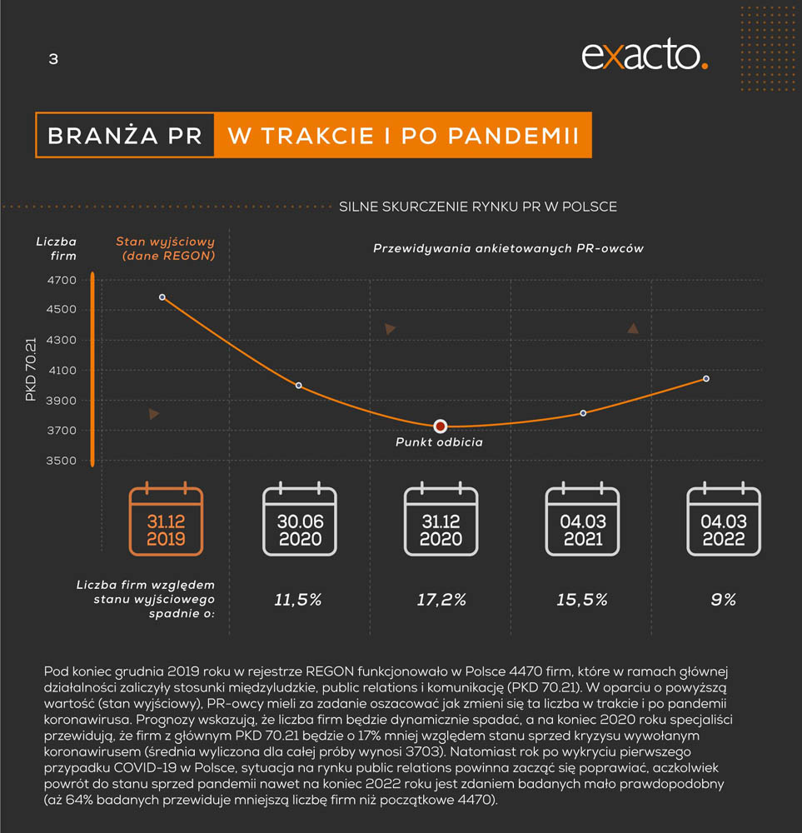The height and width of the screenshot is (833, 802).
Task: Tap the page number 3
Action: coord(53,59)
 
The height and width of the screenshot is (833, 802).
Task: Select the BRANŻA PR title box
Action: coord(125,136)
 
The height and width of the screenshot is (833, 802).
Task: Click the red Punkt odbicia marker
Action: coord(441,426)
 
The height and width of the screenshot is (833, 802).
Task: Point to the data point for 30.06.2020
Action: coord(299,386)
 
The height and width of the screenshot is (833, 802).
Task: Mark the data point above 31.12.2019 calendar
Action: coord(162,297)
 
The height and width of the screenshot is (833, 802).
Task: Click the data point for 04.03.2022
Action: coord(706,379)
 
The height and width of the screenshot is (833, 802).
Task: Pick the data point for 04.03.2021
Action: coord(583,413)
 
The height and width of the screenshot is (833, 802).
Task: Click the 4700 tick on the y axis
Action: coord(62,281)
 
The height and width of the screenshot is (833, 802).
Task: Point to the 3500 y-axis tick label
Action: coord(62,461)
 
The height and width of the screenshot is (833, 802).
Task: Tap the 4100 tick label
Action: coord(62,371)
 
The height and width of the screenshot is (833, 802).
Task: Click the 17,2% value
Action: coord(441,600)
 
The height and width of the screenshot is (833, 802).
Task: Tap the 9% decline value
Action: coord(723,600)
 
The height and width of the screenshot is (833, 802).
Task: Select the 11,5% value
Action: coord(298,600)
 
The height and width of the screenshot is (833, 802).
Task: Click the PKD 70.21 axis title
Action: coord(31,371)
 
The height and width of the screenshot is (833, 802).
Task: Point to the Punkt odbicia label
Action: coord(439,442)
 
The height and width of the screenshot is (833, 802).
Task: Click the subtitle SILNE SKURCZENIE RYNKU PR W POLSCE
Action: coord(478,207)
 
